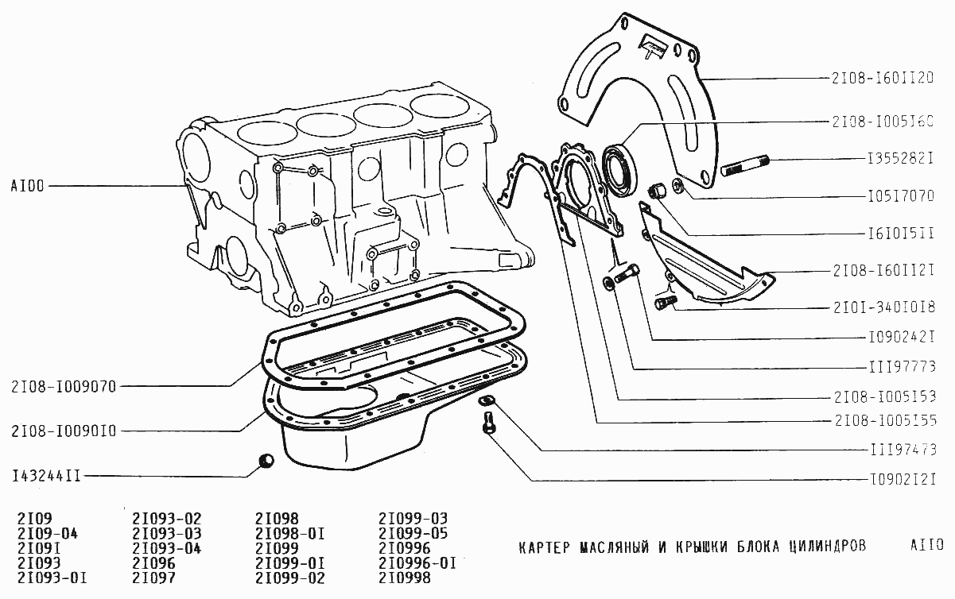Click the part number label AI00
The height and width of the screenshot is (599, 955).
click(x=29, y=187)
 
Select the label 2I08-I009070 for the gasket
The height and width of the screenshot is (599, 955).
click(x=64, y=387)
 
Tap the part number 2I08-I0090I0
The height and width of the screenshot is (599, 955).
click(x=64, y=431)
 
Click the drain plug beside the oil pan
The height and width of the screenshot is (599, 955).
click(x=266, y=461)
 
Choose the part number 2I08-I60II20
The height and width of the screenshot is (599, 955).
click(x=883, y=78)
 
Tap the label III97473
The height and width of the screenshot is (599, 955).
click(x=896, y=449)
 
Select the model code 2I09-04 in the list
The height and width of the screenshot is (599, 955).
click(x=47, y=533)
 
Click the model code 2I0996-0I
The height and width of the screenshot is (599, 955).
click(x=417, y=563)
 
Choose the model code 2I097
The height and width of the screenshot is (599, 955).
click(x=153, y=578)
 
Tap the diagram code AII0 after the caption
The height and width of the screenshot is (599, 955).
click(x=927, y=546)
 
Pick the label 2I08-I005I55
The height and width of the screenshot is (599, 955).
click(x=883, y=419)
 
